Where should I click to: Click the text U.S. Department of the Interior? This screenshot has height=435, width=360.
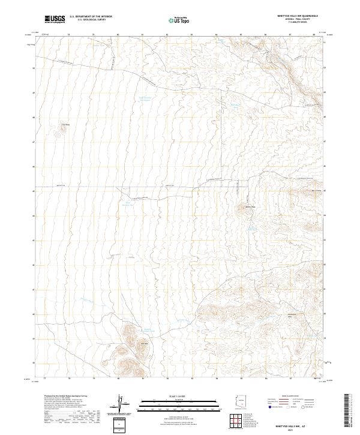[x=91, y=17]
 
